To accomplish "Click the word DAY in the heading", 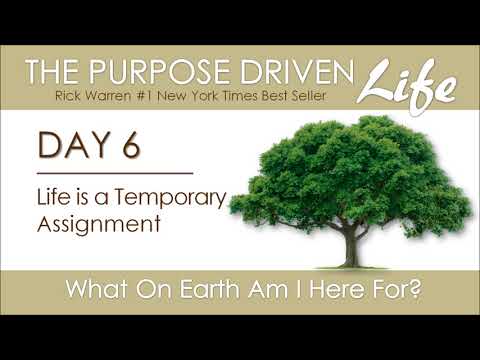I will [x=72, y=146].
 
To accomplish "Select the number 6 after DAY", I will [x=130, y=146].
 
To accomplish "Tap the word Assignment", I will [x=98, y=224].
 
